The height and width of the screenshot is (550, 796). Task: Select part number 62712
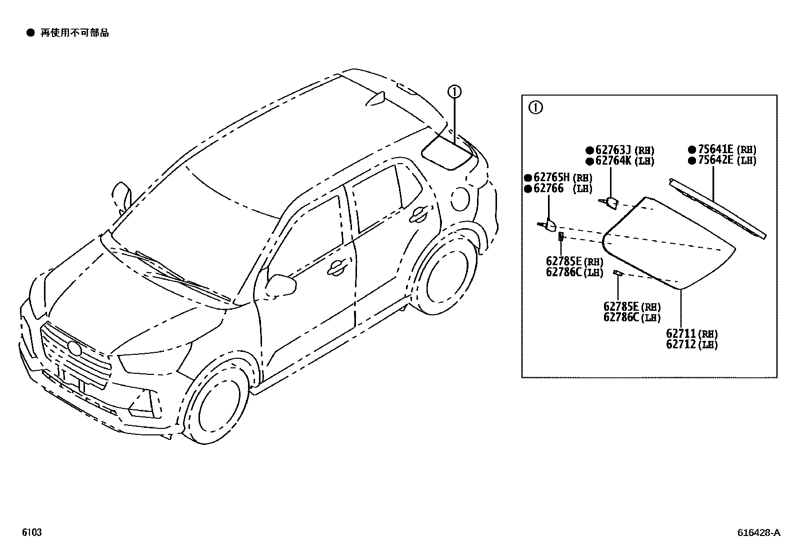680,345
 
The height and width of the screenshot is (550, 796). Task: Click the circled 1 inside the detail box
535,108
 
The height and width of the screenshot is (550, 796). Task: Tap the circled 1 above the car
454,92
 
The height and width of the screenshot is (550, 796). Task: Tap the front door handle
337,268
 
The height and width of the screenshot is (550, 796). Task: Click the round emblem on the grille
73,348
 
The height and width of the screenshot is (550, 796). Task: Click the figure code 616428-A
758,533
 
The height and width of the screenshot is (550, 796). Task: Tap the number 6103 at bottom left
31,532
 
